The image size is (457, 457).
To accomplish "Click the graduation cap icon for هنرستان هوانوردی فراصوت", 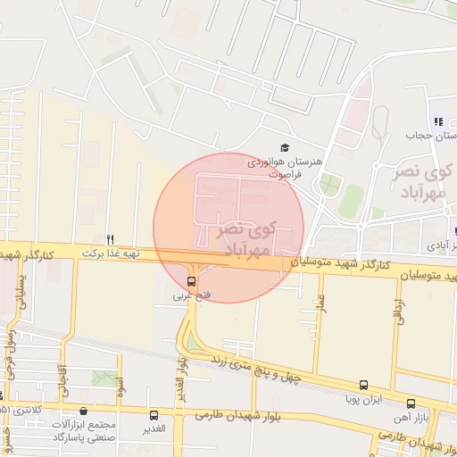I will pyautogui.click(x=285, y=147).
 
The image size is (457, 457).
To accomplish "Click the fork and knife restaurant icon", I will pyautogui.click(x=111, y=239).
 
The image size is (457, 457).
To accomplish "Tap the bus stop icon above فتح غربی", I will pyautogui.click(x=191, y=281).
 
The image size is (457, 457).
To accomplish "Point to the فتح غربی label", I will pyautogui.click(x=192, y=295).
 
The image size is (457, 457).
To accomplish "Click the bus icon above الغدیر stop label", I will pyautogui.click(x=154, y=415).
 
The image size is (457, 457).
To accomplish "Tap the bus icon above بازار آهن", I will pyautogui.click(x=411, y=403).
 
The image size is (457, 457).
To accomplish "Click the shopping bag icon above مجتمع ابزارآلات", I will pyautogui.click(x=84, y=411).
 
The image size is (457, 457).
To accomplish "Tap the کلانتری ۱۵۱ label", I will pyautogui.click(x=20, y=410).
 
